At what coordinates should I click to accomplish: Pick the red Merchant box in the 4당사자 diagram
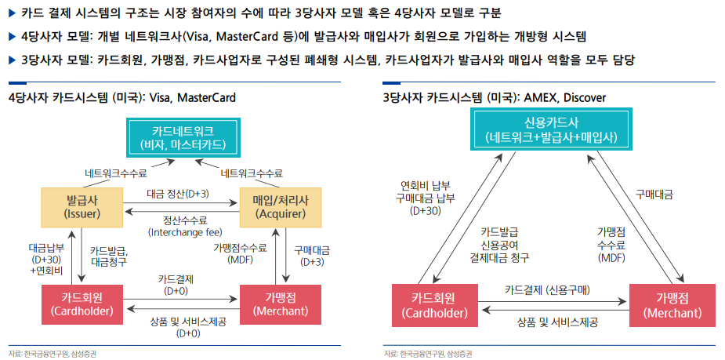(281, 303)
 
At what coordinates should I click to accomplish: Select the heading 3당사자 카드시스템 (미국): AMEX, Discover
(494, 97)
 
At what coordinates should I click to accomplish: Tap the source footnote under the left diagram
(53, 354)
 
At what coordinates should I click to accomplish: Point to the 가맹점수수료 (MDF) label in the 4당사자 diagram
(240, 253)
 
